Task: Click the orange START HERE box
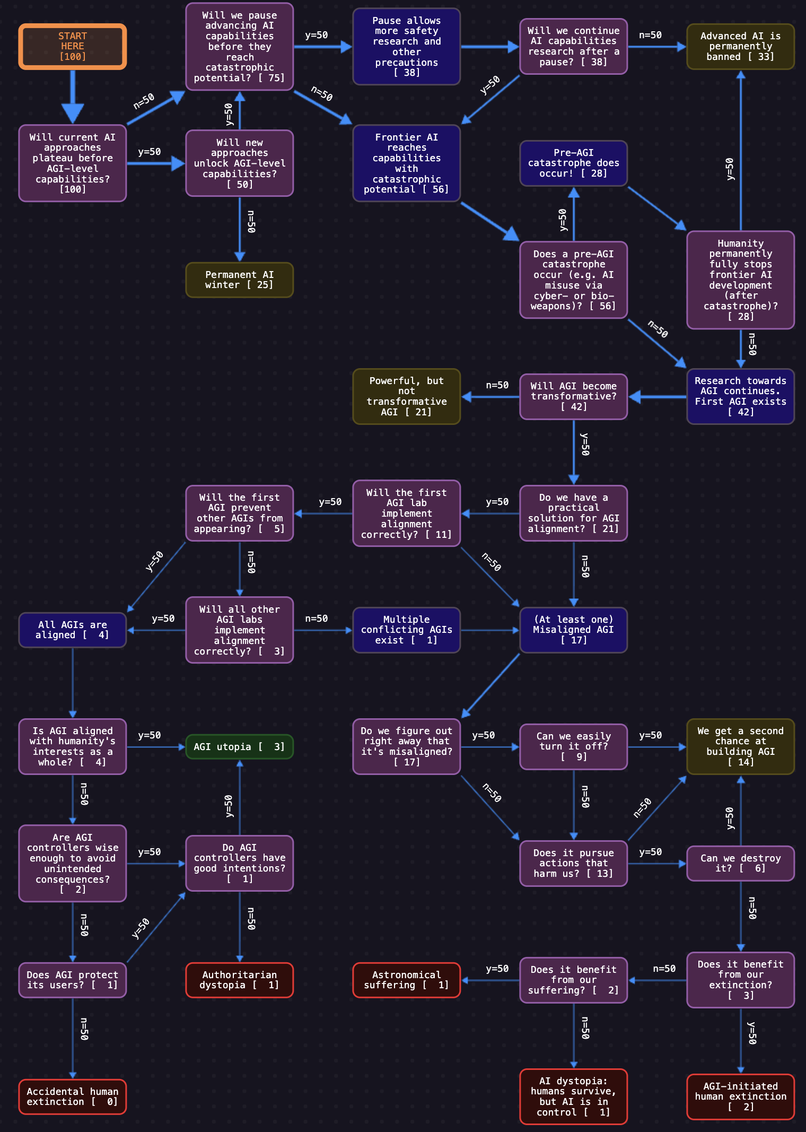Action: pyautogui.click(x=73, y=47)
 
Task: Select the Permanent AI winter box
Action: pyautogui.click(x=240, y=280)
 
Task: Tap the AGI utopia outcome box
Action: pyautogui.click(x=240, y=747)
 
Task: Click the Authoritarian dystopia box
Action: pyautogui.click(x=240, y=980)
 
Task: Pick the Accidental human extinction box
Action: pyautogui.click(x=73, y=1097)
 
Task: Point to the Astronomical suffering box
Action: pyautogui.click(x=407, y=980)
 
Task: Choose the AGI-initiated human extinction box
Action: pyautogui.click(x=741, y=1097)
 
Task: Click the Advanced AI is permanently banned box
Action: pyautogui.click(x=741, y=47)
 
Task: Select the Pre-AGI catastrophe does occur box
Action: pyautogui.click(x=574, y=163)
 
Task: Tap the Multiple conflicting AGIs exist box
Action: pyautogui.click(x=407, y=630)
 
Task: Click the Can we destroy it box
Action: pyautogui.click(x=741, y=864)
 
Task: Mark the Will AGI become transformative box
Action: pyautogui.click(x=574, y=397)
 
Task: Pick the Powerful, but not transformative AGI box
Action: pyautogui.click(x=407, y=397)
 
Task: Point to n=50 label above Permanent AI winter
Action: pyautogui.click(x=251, y=222)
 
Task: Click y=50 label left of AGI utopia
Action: pyautogui.click(x=150, y=735)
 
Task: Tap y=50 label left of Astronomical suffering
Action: pyautogui.click(x=497, y=969)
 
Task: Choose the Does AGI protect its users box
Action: pyautogui.click(x=73, y=980)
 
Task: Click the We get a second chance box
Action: pyautogui.click(x=741, y=747)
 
